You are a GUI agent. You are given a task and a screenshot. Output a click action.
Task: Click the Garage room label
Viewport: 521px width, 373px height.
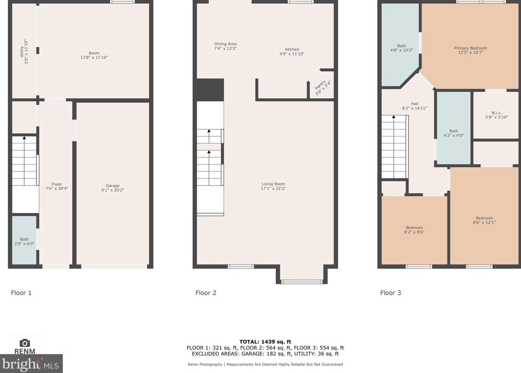(x=112, y=188)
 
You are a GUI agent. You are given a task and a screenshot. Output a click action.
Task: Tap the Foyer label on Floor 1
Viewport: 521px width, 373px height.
(x=57, y=186)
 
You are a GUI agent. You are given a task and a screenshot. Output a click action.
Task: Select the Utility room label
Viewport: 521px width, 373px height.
(x=24, y=52)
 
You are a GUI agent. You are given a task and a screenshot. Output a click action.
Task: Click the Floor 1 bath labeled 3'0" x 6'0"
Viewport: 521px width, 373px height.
(x=24, y=241)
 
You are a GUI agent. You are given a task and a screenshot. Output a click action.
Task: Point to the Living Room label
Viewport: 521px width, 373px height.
(x=273, y=186)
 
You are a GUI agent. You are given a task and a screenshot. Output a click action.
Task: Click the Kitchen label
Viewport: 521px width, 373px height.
(x=292, y=51)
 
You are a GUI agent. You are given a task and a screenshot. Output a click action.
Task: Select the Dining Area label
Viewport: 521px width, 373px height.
(x=225, y=46)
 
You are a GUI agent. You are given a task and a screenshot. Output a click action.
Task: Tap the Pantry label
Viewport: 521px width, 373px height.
(x=322, y=88)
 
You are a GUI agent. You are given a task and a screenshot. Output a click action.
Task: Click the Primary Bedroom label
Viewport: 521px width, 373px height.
(x=470, y=50)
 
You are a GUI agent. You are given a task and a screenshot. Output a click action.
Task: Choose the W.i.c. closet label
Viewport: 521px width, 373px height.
(x=496, y=115)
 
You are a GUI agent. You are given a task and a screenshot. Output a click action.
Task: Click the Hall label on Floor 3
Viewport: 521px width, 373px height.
(x=414, y=106)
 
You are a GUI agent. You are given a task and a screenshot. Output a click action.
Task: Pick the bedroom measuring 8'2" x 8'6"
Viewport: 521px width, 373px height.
(x=414, y=230)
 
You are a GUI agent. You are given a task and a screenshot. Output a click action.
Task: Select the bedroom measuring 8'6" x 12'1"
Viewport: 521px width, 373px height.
(x=484, y=220)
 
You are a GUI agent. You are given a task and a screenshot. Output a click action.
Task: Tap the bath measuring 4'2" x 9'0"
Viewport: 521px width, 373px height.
(x=453, y=133)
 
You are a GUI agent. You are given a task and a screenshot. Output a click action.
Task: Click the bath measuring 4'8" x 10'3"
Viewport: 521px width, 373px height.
(x=401, y=48)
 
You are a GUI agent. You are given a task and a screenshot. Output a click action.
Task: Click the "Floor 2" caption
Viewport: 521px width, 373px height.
(x=206, y=293)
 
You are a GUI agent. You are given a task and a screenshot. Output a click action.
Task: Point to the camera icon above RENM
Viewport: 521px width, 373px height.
(x=25, y=343)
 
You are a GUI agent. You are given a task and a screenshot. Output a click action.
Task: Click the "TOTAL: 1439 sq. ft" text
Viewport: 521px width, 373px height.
(x=265, y=342)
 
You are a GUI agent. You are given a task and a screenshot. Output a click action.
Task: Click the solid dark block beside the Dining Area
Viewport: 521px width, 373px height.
(x=210, y=90)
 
